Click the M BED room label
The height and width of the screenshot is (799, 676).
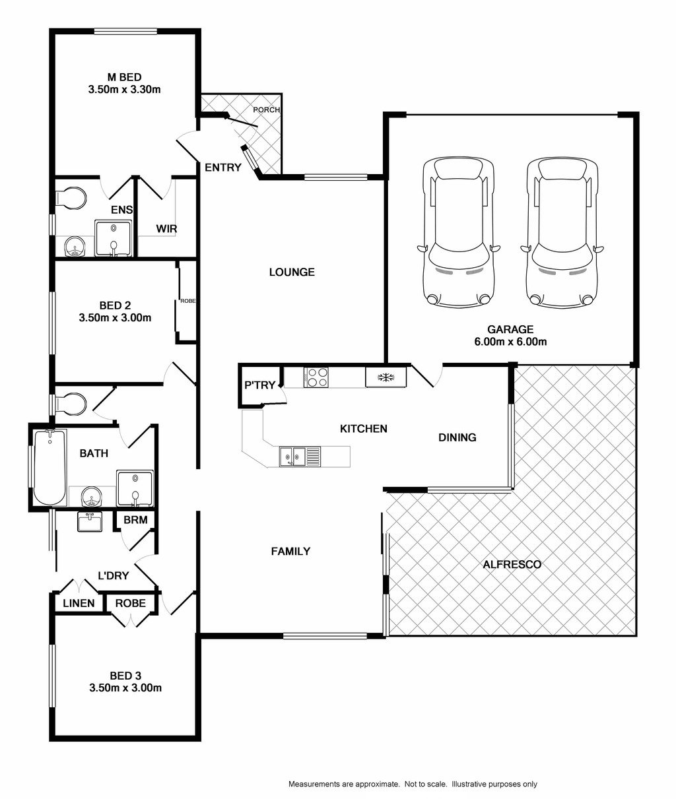(125, 77)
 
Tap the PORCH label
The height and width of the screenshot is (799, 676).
(267, 110)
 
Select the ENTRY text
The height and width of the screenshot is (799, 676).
(223, 168)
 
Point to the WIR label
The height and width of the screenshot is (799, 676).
(166, 229)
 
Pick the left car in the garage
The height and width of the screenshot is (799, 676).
(458, 233)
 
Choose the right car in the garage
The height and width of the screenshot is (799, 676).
(562, 233)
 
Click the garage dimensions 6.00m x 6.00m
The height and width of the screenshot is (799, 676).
(510, 342)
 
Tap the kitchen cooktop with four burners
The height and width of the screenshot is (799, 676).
(316, 377)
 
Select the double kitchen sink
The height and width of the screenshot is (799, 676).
(300, 457)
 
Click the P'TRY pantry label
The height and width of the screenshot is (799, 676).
(260, 385)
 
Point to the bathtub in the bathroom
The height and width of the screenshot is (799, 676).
(50, 467)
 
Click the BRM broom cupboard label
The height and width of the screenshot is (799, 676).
(135, 520)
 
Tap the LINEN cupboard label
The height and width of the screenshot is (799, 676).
(79, 604)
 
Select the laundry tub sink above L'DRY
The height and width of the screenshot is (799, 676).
(90, 522)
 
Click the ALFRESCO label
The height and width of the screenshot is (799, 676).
(512, 565)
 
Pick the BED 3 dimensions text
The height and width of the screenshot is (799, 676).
(125, 688)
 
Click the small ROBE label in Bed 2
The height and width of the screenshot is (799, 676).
(188, 301)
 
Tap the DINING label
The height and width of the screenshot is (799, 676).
(457, 437)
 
